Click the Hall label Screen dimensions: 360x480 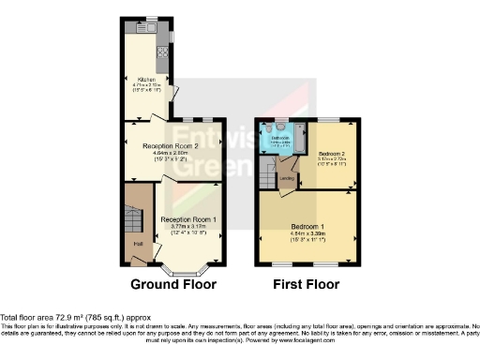coord(138,245)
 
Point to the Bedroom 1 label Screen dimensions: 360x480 coord(308,227)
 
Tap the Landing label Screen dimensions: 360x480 coord(287,176)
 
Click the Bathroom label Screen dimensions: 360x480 coord(280,138)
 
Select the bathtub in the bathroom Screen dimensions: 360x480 coord(299,138)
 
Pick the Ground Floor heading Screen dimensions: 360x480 coord(172,284)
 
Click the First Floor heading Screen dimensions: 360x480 coord(307,284)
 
